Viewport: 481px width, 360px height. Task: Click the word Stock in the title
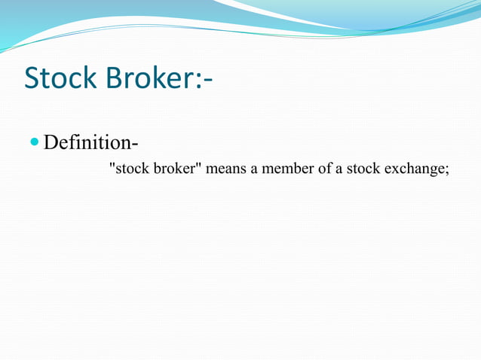[61, 78]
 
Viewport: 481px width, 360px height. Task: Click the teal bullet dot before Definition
[35, 141]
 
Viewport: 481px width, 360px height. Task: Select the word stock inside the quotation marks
[132, 169]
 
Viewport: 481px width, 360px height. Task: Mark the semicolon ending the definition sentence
[446, 170]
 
